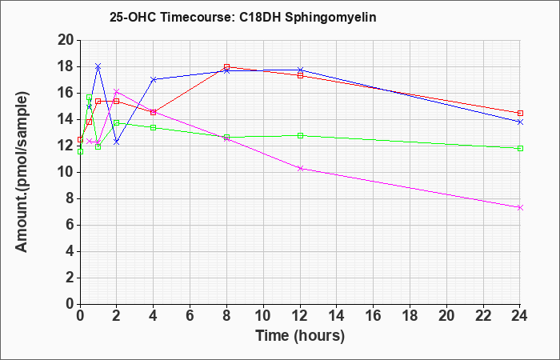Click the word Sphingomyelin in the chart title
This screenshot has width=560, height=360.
pos(330,18)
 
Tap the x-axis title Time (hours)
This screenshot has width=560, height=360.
pos(300,336)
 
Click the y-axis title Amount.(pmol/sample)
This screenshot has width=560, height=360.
pos(22,172)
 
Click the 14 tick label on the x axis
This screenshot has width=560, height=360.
pos(337,316)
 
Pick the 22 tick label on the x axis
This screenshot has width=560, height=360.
pos(483,316)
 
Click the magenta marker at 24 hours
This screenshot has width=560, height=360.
pos(520,207)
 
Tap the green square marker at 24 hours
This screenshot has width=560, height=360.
pos(520,148)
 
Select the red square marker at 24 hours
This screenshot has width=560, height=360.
pos(520,114)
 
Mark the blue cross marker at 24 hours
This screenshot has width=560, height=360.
pos(520,122)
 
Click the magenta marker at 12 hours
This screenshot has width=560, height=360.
pos(300,168)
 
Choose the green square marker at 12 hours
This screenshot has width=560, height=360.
pos(300,135)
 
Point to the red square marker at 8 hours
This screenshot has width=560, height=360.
pos(226,66)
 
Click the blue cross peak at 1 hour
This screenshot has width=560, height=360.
pos(98,66)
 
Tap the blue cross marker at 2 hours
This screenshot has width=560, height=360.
pos(117,142)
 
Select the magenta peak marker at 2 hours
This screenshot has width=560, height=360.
pos(117,91)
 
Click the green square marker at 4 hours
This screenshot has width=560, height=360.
pos(154,127)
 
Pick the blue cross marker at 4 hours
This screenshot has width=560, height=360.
pos(154,79)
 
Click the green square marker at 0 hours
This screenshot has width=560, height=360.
pos(80,152)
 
